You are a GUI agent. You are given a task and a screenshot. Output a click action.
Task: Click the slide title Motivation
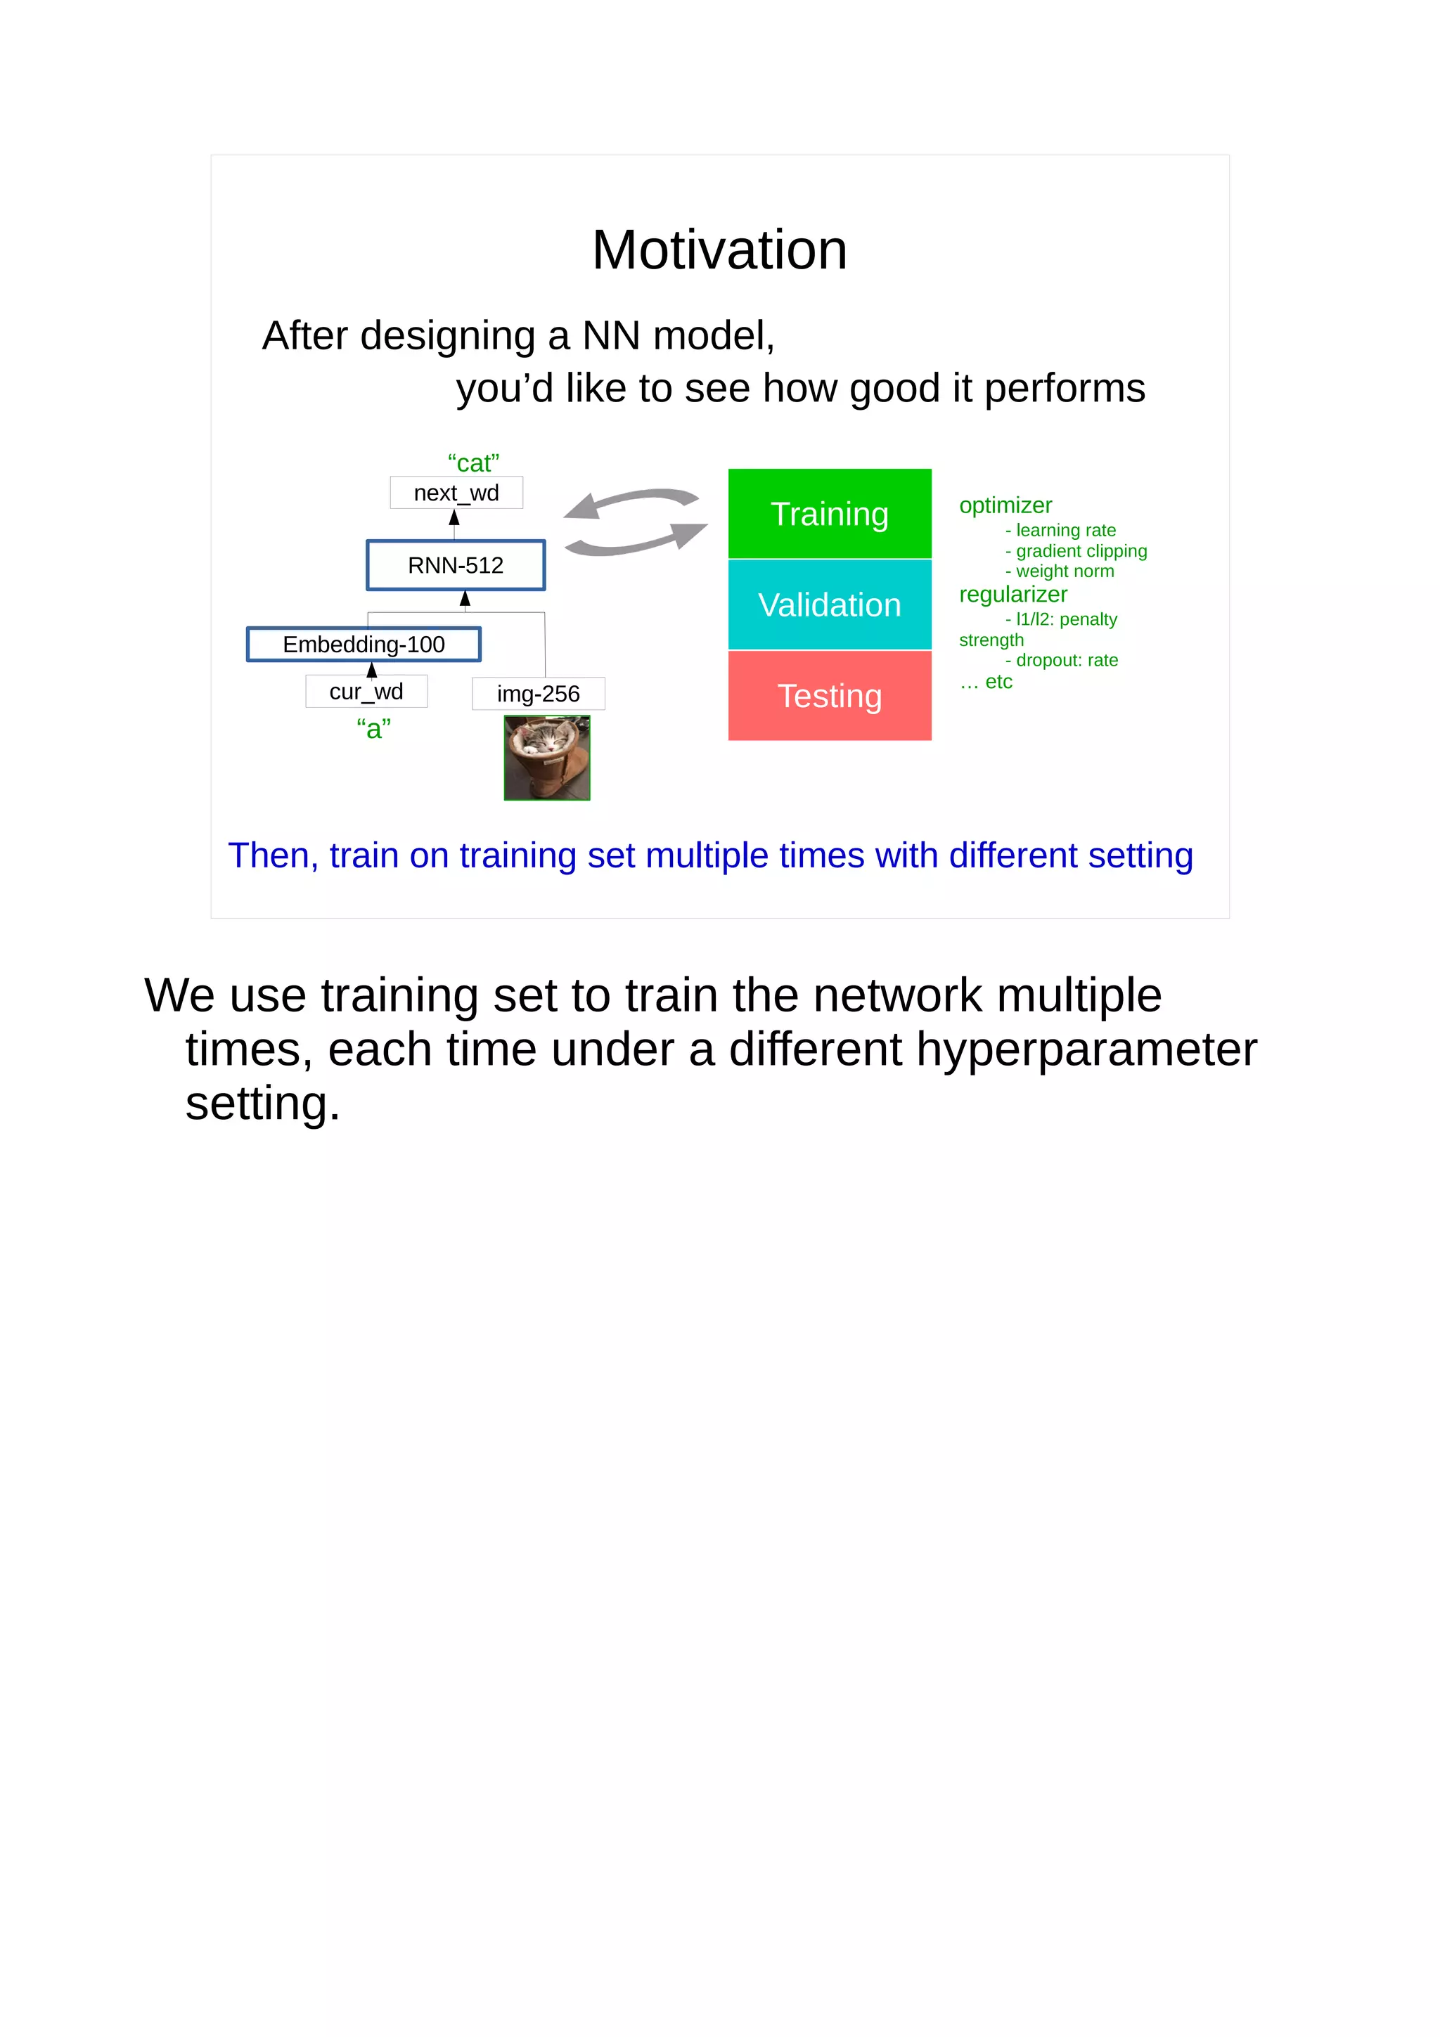tap(719, 250)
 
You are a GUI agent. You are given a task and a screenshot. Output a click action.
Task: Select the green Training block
tap(829, 514)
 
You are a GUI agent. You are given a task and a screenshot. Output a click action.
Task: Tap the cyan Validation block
tap(829, 605)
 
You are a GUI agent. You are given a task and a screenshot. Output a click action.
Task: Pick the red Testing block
tap(829, 696)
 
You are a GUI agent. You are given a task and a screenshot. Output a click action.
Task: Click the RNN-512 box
tap(455, 565)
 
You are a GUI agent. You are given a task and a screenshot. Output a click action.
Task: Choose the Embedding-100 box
tap(364, 644)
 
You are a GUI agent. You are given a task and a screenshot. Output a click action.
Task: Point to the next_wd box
tap(456, 493)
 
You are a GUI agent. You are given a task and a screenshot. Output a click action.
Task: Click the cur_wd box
tap(366, 691)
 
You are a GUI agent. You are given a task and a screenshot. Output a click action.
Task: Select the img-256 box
tap(538, 694)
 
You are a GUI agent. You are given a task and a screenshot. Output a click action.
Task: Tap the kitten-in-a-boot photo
tap(546, 758)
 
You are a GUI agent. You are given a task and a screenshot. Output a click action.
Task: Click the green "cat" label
tap(473, 463)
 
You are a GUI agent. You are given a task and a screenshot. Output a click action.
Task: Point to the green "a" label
tap(373, 728)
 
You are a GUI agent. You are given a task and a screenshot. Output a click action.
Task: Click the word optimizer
tap(1005, 505)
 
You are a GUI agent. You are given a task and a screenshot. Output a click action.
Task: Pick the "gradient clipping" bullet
tap(1080, 551)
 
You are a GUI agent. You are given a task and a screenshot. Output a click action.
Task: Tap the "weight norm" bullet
tap(1064, 571)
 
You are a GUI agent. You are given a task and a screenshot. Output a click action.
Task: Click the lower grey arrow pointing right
tap(637, 539)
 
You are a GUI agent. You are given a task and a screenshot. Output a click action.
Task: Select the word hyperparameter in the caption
tap(1086, 1049)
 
